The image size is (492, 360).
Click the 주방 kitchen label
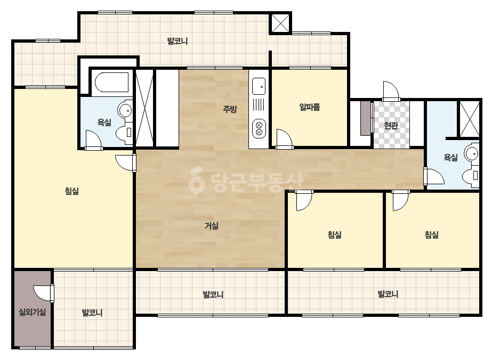pyautogui.click(x=230, y=109)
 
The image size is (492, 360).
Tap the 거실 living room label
pyautogui.click(x=212, y=225)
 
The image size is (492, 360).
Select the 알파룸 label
pyautogui.click(x=310, y=107)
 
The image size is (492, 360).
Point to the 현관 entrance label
pyautogui.click(x=391, y=126)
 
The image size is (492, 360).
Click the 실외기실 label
pyautogui.click(x=33, y=312)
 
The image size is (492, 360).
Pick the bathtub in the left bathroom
pyautogui.click(x=112, y=82)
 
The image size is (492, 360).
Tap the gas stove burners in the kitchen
pyautogui.click(x=259, y=128)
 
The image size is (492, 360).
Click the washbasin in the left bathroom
pyautogui.click(x=125, y=110)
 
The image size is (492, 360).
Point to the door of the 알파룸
pyautogui.click(x=284, y=138)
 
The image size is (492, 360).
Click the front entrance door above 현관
pyautogui.click(x=391, y=91)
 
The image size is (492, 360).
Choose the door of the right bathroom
pyautogui.click(x=434, y=177)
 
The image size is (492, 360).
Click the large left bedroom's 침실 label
pyautogui.click(x=72, y=191)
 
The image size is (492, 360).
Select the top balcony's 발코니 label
pyautogui.click(x=178, y=41)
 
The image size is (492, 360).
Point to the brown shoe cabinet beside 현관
pyautogui.click(x=366, y=118)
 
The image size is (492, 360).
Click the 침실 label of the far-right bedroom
pyautogui.click(x=431, y=234)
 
